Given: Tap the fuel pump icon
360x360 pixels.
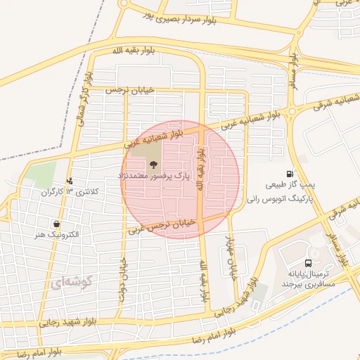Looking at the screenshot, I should [290, 174].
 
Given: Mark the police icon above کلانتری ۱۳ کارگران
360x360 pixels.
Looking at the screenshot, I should [70, 181].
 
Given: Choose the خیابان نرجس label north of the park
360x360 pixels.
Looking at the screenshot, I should [128, 91].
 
